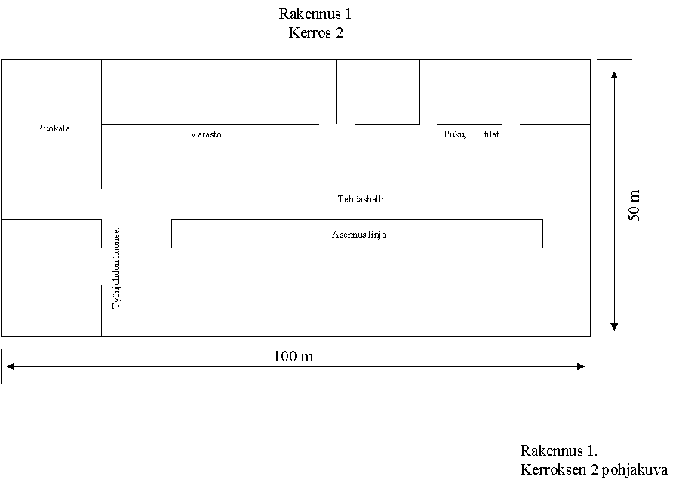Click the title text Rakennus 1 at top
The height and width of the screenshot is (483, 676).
coord(315,14)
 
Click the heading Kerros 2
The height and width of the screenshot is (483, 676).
coord(316,32)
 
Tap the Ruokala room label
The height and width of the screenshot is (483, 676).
coord(54,128)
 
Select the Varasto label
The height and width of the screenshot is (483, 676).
coord(206,134)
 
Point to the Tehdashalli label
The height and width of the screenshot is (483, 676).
coord(361,199)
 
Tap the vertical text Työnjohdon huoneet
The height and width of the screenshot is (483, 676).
coord(116,268)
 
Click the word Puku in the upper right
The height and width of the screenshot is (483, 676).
coord(454,134)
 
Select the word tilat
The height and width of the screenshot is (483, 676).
coord(491,134)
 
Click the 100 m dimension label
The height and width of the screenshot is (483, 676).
coord(293,357)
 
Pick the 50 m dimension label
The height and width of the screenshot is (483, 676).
coord(634,205)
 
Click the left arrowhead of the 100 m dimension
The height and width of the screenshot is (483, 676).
coord(11,367)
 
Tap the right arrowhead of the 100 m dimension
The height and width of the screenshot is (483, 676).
coord(581,367)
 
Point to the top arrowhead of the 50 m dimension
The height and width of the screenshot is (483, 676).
coord(614,75)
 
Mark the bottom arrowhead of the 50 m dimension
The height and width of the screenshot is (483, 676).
coord(614,327)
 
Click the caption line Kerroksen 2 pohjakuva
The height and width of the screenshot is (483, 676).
coord(594,469)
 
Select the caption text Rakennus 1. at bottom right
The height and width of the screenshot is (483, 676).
coord(559,451)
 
